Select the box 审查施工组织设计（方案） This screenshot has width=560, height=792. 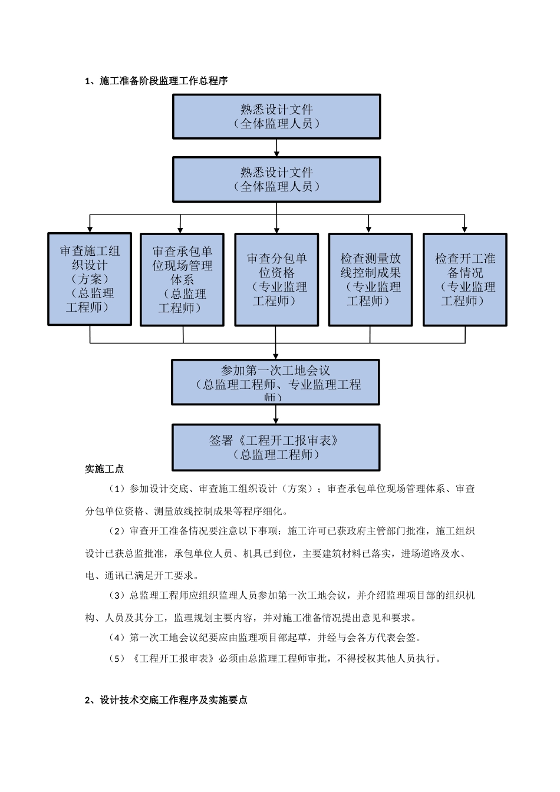90,279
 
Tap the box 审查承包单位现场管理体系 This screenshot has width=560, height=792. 182,280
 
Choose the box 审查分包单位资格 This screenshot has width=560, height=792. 276,280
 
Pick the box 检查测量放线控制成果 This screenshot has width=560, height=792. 370,280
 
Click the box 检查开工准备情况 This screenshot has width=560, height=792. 465,280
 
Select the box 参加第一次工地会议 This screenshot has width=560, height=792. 275,382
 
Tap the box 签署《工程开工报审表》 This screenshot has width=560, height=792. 275,447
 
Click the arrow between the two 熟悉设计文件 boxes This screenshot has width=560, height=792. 276,148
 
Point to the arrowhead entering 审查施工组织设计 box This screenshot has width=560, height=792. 90,229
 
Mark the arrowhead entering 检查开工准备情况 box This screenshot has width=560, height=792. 465,229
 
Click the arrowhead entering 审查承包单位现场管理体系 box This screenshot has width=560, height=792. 180,229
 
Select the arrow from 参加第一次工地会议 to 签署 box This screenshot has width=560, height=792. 275,415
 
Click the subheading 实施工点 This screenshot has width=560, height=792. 104,469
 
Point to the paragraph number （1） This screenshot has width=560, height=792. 117,489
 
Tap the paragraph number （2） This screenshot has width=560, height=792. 117,532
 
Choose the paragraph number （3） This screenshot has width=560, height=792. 117,596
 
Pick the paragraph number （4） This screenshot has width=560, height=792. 117,638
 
